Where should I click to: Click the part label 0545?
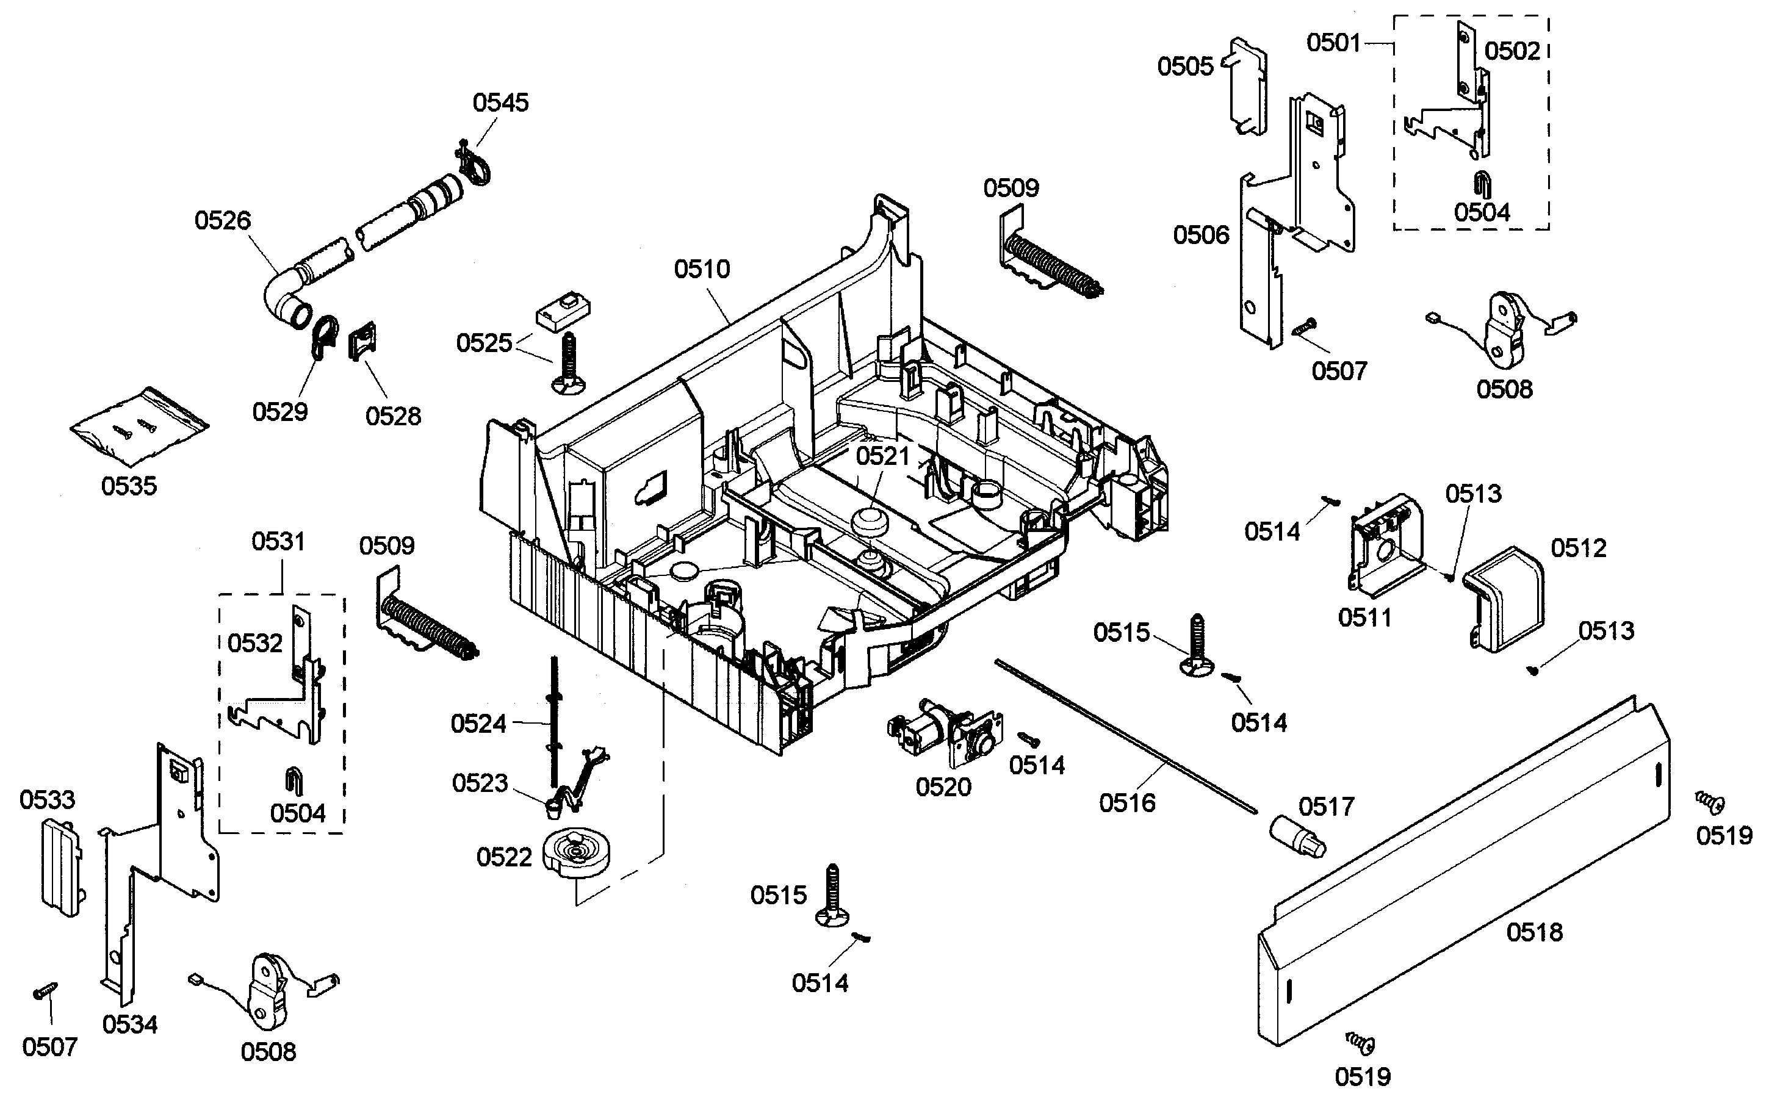click(500, 103)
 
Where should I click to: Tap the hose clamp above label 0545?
click(475, 167)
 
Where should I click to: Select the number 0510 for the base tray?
click(702, 269)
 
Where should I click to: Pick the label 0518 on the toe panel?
click(1534, 932)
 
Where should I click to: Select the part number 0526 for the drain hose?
click(223, 220)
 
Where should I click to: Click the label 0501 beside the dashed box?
click(1333, 43)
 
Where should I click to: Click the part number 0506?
click(1200, 235)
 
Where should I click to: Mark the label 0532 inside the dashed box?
click(255, 643)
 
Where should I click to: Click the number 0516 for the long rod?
click(1126, 803)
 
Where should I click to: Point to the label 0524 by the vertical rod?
click(478, 724)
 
